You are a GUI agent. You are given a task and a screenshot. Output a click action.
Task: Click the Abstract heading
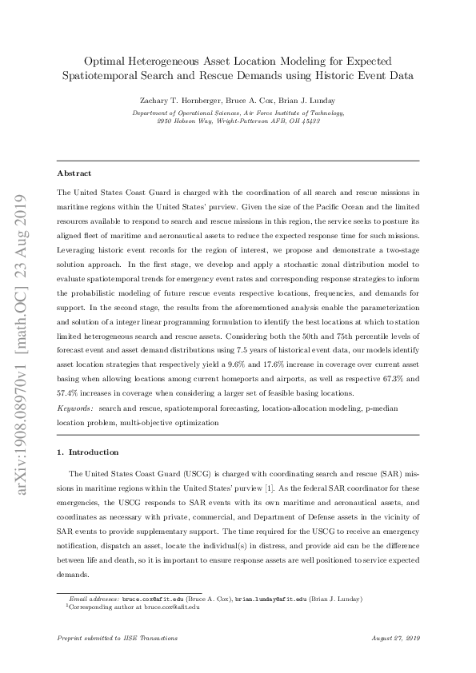pyautogui.click(x=74, y=173)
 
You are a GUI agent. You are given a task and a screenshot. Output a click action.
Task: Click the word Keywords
pyautogui.click(x=75, y=408)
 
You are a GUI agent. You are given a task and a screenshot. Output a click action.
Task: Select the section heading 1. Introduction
pyautogui.click(x=88, y=452)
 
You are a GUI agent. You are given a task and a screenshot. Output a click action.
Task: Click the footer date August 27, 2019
pyautogui.click(x=396, y=638)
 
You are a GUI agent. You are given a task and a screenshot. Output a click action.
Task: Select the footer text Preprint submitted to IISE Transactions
pyautogui.click(x=118, y=638)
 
